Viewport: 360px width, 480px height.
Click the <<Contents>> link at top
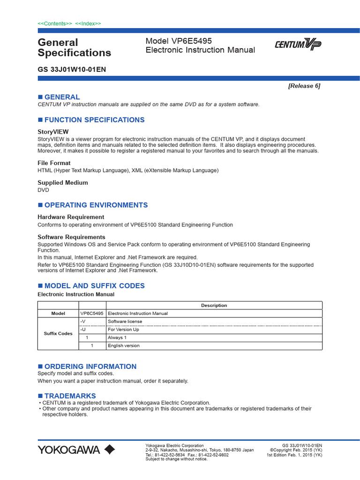pyautogui.click(x=55, y=23)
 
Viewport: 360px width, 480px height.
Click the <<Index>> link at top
pyautogui.click(x=88, y=23)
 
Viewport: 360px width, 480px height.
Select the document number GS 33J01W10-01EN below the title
pyautogui.click(x=71, y=69)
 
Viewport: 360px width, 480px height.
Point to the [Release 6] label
pyautogui.click(x=304, y=86)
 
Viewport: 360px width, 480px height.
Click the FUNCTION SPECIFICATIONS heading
pyautogui.click(x=94, y=120)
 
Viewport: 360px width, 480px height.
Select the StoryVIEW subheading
pyautogui.click(x=53, y=132)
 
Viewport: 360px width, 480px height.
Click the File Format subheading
pyautogui.click(x=54, y=163)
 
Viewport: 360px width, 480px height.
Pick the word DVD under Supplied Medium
pyautogui.click(x=43, y=190)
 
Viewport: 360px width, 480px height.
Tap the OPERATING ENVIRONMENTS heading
pyautogui.click(x=96, y=205)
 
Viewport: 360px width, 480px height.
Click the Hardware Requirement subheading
pyautogui.click(x=71, y=217)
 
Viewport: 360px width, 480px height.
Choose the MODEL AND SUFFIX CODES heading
pyautogui.click(x=94, y=285)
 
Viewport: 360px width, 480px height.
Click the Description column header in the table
pyautogui.click(x=214, y=305)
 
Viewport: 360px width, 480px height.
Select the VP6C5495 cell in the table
pyautogui.click(x=92, y=313)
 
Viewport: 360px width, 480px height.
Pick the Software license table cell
pyautogui.click(x=125, y=322)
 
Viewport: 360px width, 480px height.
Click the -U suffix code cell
pyautogui.click(x=83, y=330)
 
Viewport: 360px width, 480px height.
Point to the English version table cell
pyautogui.click(x=124, y=345)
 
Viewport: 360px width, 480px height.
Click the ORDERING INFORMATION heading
pyautogui.click(x=90, y=366)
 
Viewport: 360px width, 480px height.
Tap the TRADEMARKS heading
pyautogui.click(x=70, y=396)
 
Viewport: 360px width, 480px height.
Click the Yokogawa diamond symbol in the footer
pyautogui.click(x=109, y=450)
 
